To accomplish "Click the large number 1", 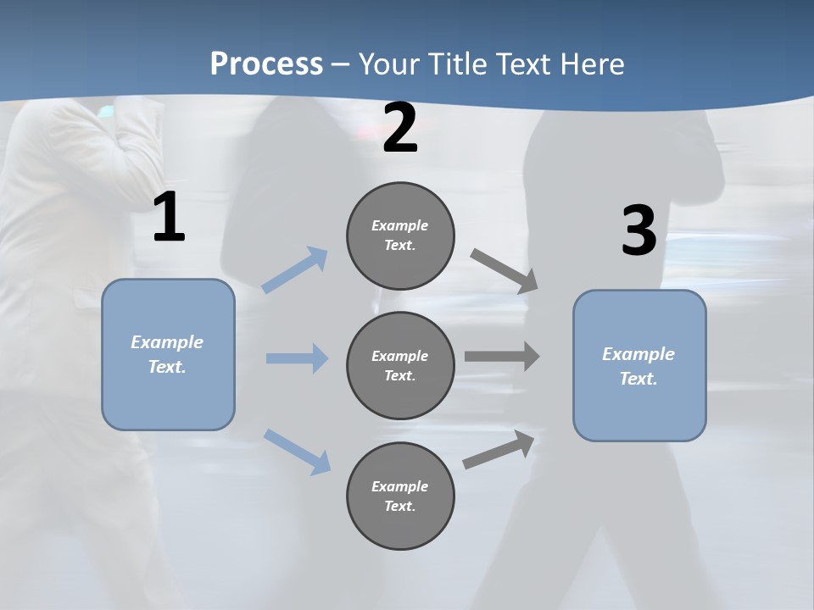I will [169, 218].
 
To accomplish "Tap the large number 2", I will [400, 128].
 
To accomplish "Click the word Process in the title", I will [266, 64].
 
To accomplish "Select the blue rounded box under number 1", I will [168, 354].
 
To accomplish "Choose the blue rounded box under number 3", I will [639, 366].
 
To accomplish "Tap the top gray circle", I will [400, 236].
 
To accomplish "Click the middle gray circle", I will [400, 366].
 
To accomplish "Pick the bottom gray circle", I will [400, 496].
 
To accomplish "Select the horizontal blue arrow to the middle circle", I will [297, 358].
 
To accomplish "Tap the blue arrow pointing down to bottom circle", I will [297, 451].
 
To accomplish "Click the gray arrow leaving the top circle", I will [505, 270].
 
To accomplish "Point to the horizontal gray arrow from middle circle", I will [502, 357].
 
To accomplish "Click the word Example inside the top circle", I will [400, 225].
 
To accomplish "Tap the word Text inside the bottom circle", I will [399, 507].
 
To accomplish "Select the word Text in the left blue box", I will [166, 368].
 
